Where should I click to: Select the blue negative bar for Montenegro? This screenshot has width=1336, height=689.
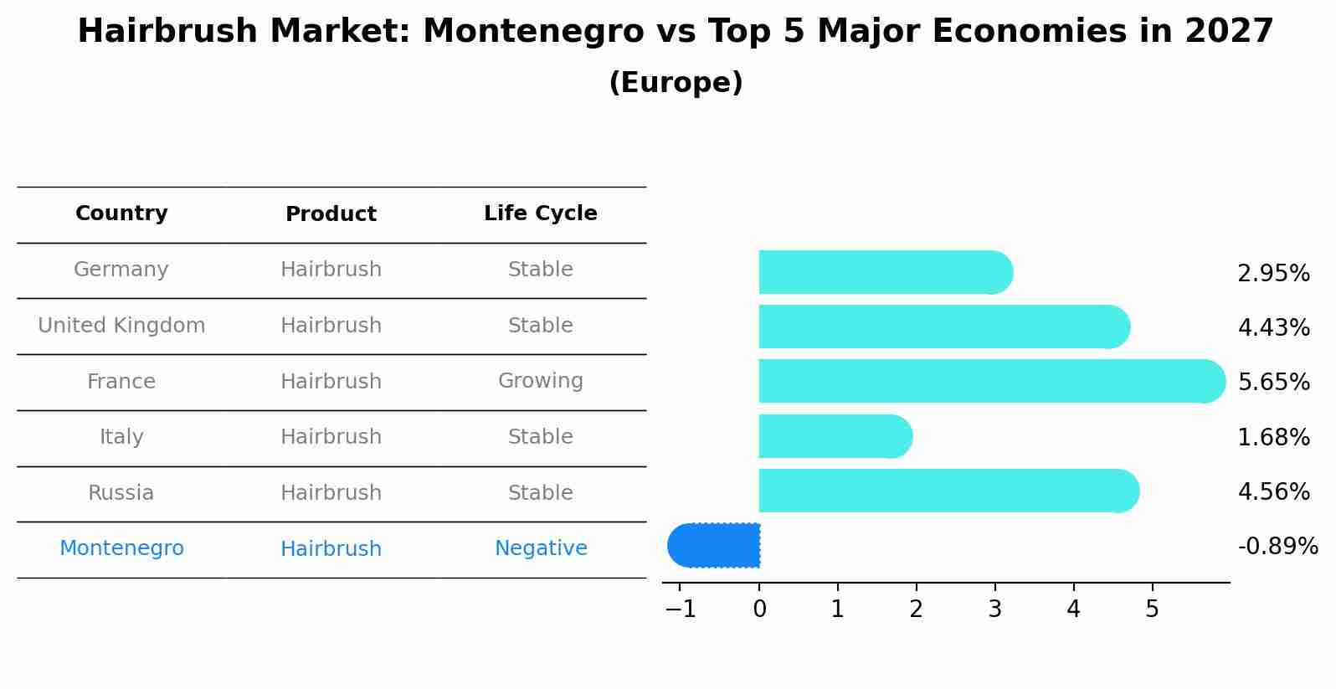point(716,545)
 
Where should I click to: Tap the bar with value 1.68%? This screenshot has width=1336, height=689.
point(833,436)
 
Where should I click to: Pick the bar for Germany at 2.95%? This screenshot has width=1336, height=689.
point(883,272)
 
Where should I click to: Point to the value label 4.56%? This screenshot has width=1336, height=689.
point(1273,491)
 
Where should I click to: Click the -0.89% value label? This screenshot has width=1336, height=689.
point(1277,547)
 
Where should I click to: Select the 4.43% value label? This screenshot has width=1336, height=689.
point(1273,327)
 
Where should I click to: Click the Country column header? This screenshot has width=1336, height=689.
point(121,213)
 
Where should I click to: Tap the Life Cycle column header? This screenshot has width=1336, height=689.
point(540,213)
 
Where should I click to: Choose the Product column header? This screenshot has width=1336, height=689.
point(331,214)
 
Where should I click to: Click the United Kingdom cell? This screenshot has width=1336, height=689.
point(121,326)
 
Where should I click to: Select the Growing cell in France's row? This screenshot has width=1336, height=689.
point(540,381)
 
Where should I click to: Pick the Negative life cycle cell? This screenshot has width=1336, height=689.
point(540,548)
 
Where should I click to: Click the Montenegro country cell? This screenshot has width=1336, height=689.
point(121,548)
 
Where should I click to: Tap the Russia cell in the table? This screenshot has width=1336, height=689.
point(121,493)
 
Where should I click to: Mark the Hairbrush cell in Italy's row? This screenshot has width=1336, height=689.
point(331,437)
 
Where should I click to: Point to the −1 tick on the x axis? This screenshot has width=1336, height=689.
point(681,609)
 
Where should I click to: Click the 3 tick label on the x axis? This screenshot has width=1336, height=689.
point(994,609)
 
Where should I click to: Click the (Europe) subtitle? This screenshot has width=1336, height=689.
point(676,83)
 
